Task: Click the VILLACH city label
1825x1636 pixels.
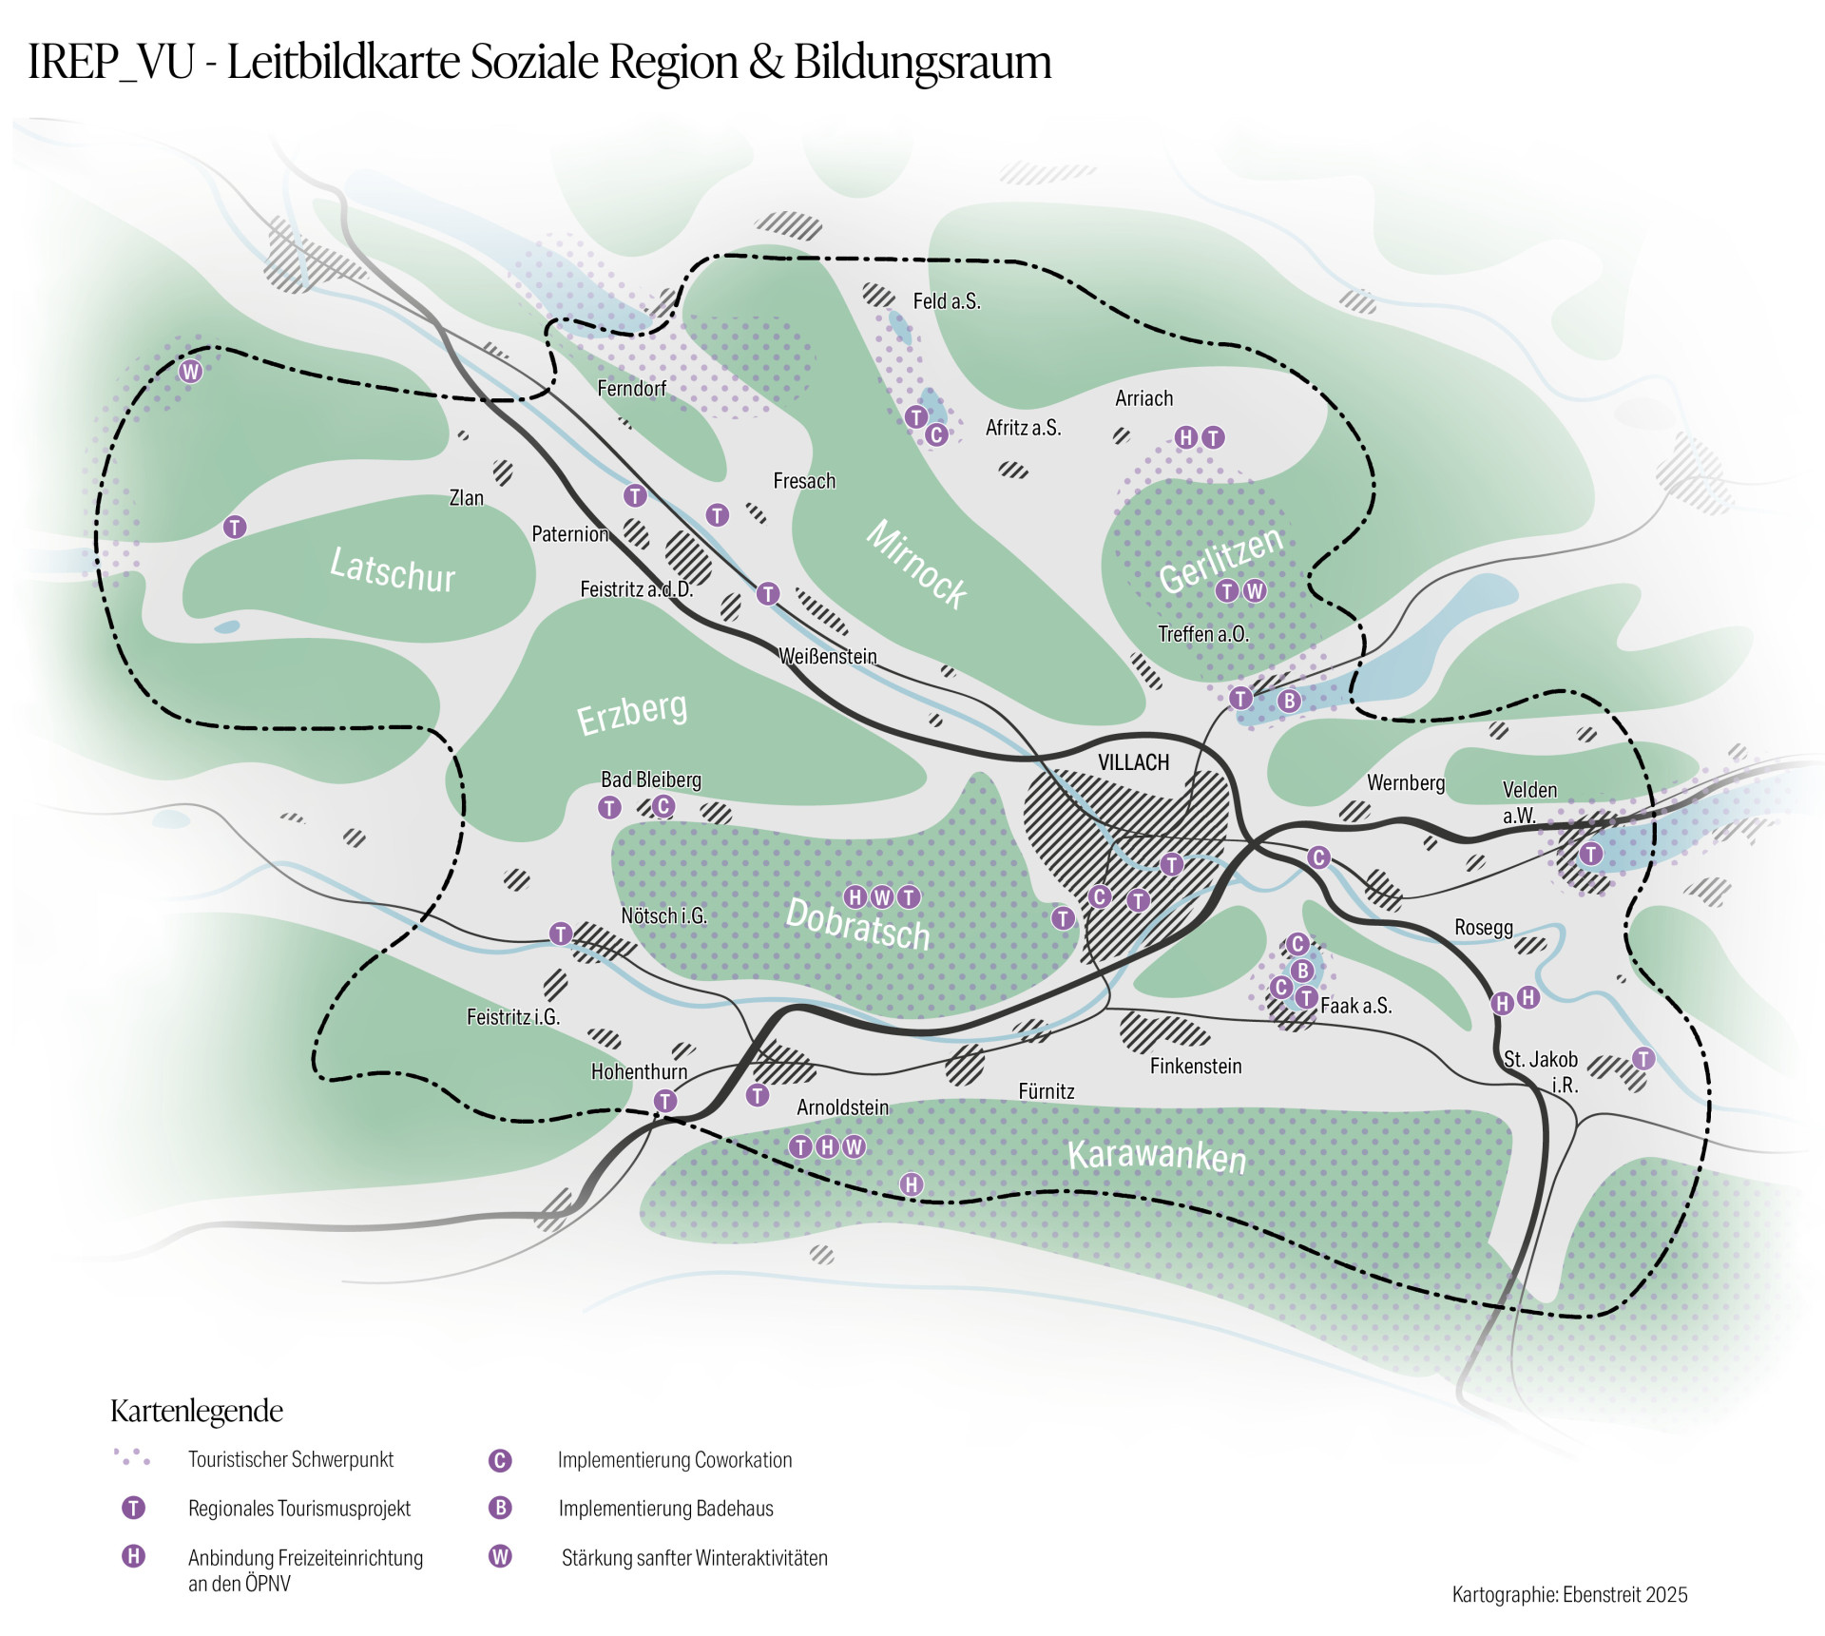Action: pyautogui.click(x=1133, y=762)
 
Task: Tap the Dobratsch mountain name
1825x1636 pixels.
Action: pyautogui.click(x=857, y=924)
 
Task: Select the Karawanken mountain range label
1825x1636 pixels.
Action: pyautogui.click(x=1156, y=1156)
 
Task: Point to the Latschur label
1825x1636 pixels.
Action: pyautogui.click(x=392, y=570)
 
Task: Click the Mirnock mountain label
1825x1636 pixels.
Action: pyautogui.click(x=916, y=564)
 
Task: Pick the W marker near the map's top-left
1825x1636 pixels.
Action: pyautogui.click(x=191, y=372)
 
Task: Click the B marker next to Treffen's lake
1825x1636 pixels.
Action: pyautogui.click(x=1289, y=701)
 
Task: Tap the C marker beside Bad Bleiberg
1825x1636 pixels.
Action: pyautogui.click(x=663, y=806)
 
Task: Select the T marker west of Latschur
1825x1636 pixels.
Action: pyautogui.click(x=235, y=527)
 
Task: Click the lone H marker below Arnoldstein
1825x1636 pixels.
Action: pyautogui.click(x=912, y=1184)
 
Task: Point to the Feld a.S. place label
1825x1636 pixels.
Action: pyautogui.click(x=946, y=301)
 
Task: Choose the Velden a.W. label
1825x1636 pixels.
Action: pyautogui.click(x=1528, y=801)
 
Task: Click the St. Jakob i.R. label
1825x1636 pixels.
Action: pyautogui.click(x=1542, y=1071)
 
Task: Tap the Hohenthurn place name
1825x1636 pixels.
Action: pyautogui.click(x=639, y=1071)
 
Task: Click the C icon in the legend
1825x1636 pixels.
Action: pyautogui.click(x=500, y=1460)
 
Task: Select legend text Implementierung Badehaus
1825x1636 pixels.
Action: pyautogui.click(x=665, y=1509)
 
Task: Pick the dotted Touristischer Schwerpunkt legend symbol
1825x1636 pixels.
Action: pyautogui.click(x=132, y=1457)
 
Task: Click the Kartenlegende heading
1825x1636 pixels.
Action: pyautogui.click(x=197, y=1411)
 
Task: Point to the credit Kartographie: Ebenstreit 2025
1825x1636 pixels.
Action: pyautogui.click(x=1569, y=1594)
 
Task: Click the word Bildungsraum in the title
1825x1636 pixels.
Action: pyautogui.click(x=922, y=63)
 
